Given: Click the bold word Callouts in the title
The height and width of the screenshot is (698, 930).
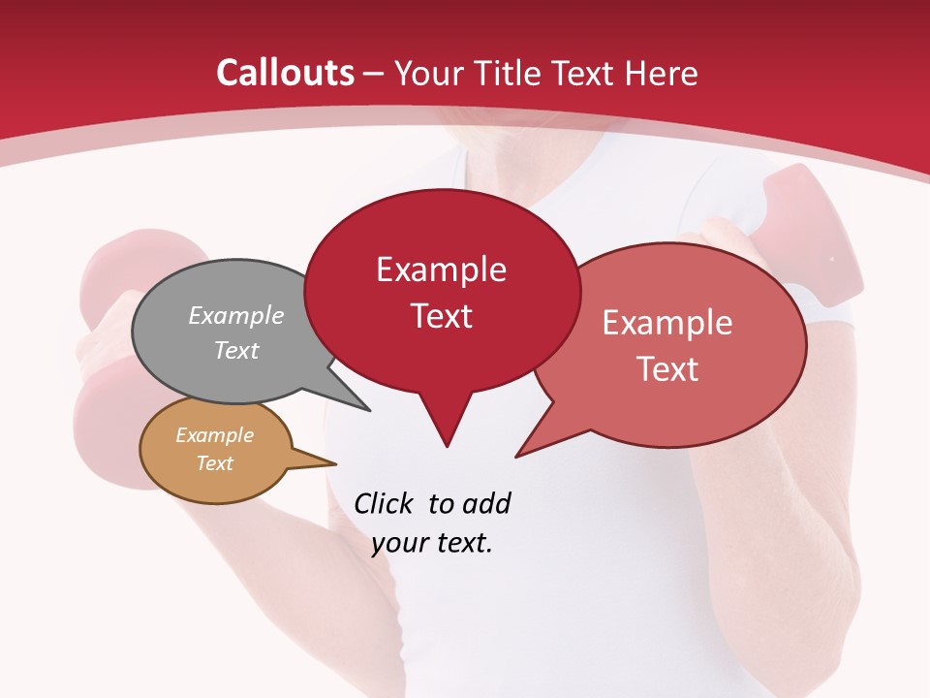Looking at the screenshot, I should (x=285, y=73).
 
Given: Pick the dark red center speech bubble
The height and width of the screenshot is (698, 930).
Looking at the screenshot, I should (x=442, y=291).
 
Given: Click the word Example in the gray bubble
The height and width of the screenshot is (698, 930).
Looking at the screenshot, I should (x=236, y=316).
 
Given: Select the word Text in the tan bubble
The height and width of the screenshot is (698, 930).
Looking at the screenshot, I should (x=215, y=463).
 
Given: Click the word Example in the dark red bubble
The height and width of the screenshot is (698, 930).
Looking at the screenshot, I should (x=442, y=270).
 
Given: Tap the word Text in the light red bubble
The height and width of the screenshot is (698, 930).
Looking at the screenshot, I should (x=668, y=369).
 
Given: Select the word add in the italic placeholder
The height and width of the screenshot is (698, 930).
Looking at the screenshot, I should (x=486, y=503).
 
